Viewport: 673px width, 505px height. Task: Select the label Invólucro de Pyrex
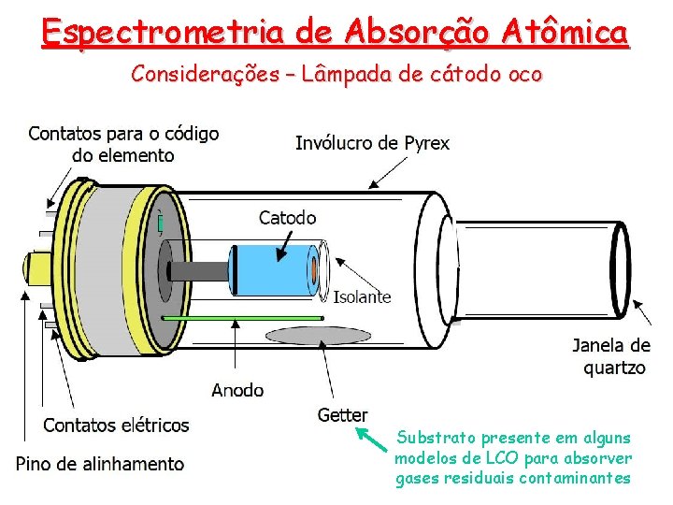click(372, 143)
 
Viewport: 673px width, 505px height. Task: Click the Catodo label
click(287, 218)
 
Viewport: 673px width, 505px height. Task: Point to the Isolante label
click(363, 296)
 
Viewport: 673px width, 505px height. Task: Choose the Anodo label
click(237, 389)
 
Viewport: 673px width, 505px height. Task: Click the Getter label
click(342, 414)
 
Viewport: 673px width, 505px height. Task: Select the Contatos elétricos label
click(116, 426)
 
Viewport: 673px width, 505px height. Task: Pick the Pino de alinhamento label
click(100, 463)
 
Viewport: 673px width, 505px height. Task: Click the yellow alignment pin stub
click(36, 267)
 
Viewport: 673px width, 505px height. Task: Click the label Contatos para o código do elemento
click(123, 144)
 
